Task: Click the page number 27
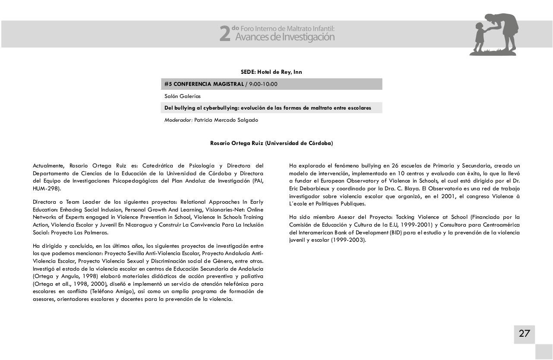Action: click(524, 334)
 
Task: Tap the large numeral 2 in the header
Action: click(224, 34)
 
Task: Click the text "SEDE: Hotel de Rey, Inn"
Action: click(271, 72)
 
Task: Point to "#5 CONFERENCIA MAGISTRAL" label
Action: click(204, 84)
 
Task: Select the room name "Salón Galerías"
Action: click(182, 96)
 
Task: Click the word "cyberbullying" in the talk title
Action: click(215, 108)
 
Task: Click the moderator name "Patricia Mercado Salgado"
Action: click(226, 120)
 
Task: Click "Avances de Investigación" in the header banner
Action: click(285, 38)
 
